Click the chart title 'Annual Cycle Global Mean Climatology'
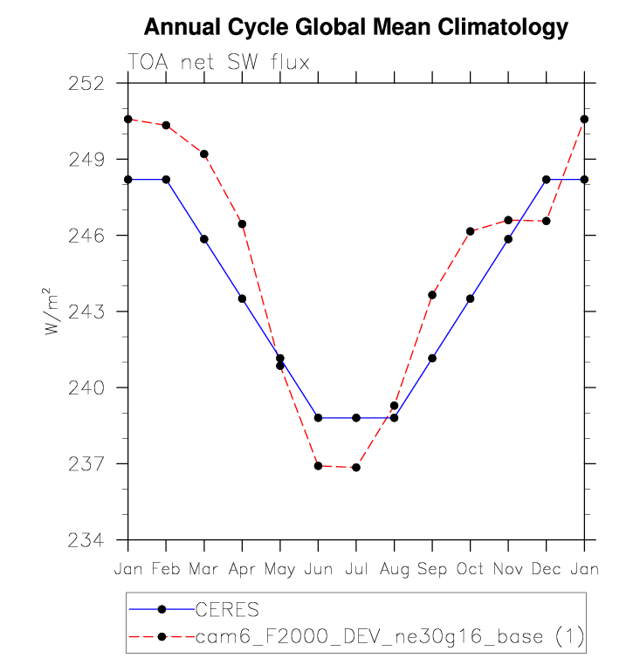pyautogui.click(x=355, y=28)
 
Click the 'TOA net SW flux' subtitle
pyautogui.click(x=218, y=61)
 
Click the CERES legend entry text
pyautogui.click(x=227, y=608)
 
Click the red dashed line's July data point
pyautogui.click(x=356, y=468)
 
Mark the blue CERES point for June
pyautogui.click(x=318, y=418)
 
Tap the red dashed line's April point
pyautogui.click(x=242, y=224)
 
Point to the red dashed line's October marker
pyautogui.click(x=470, y=231)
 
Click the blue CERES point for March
pyautogui.click(x=204, y=239)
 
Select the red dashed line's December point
pyautogui.click(x=547, y=221)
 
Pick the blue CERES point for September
pyautogui.click(x=432, y=359)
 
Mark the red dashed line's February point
pyautogui.click(x=166, y=125)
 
